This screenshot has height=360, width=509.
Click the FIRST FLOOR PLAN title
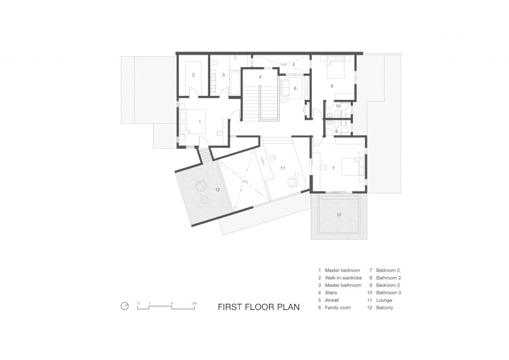tap(258, 307)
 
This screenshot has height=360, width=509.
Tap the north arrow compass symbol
tap(125, 306)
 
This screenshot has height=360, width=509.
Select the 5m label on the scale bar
tap(195, 302)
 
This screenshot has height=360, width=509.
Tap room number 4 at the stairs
tap(260, 78)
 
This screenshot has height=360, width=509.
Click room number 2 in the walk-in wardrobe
tap(194, 75)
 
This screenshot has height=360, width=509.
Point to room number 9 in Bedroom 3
tap(332, 86)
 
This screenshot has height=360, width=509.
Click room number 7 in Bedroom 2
tap(333, 168)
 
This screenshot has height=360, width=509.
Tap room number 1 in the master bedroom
tap(199, 121)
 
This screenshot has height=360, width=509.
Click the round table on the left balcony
tap(204, 200)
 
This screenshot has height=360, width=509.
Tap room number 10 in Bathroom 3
tap(338, 106)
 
